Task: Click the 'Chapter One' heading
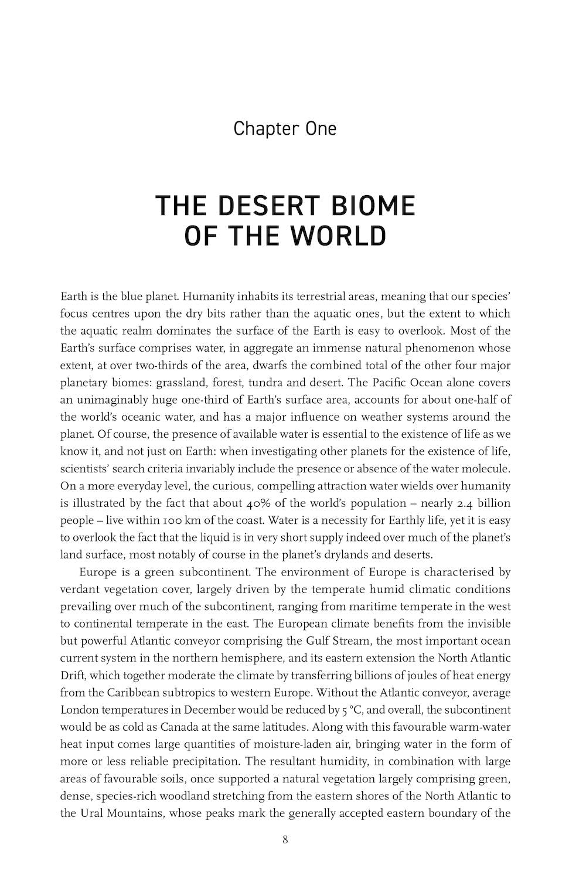285,128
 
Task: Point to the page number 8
285,839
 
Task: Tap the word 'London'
80,710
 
